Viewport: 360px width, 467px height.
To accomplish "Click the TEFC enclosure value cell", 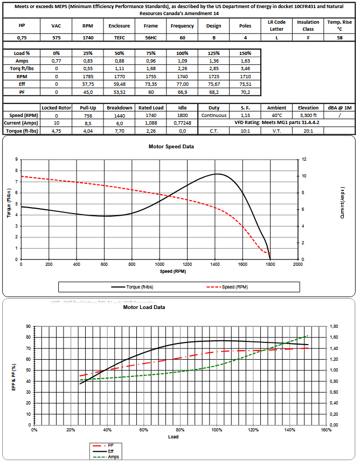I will pos(119,38).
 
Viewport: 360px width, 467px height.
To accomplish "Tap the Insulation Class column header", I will pos(308,25).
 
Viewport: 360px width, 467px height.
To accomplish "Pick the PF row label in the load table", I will pos(22,92).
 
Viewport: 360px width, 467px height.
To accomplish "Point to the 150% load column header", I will pos(245,53).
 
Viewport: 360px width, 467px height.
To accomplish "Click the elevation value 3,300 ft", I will pos(308,115).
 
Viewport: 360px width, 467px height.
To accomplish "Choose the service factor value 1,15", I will pos(245,115).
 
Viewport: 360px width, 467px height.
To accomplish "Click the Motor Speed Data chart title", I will pos(171,146).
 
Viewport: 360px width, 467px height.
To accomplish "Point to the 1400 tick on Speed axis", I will pos(214,265).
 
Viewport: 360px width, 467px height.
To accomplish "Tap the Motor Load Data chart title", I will pos(144,307).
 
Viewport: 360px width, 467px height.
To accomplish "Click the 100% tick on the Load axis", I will pos(217,430).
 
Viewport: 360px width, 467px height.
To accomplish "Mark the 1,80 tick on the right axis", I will pos(335,326).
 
